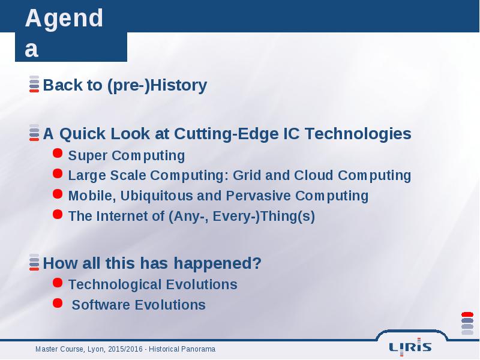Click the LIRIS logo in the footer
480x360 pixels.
tap(410, 347)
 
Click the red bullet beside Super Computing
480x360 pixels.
tap(58, 153)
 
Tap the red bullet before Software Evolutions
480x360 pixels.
tap(58, 303)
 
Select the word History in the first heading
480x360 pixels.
tap(178, 85)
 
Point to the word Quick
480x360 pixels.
tap(82, 134)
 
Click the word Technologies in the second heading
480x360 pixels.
tap(358, 134)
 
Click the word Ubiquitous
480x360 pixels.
tap(157, 196)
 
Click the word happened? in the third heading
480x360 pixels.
tap(218, 263)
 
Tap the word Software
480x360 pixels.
tap(101, 305)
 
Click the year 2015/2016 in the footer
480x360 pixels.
tap(125, 349)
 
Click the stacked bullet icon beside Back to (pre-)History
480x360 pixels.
tap(34, 84)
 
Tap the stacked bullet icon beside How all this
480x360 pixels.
tap(34, 262)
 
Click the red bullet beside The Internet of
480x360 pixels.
tap(58, 214)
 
